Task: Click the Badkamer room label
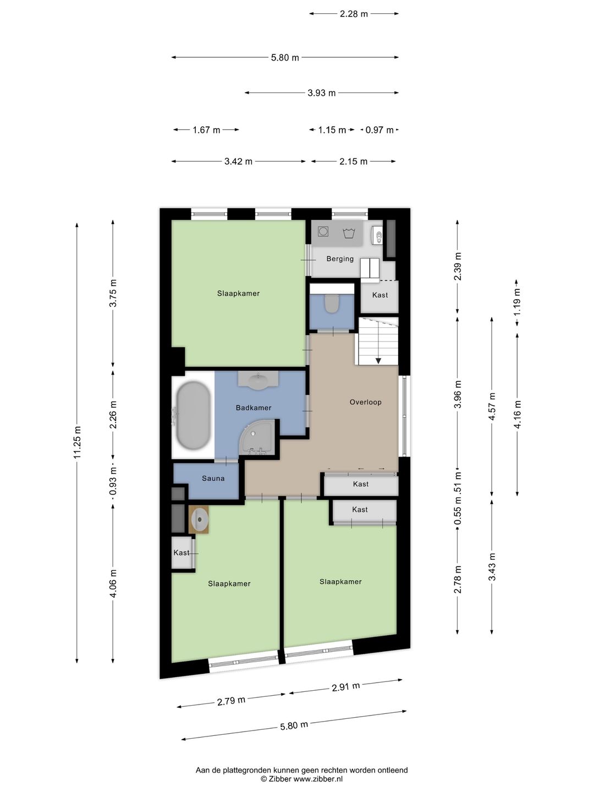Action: (x=253, y=408)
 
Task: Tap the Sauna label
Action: (x=213, y=479)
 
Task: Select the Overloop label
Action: (x=365, y=402)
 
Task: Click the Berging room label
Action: (x=340, y=258)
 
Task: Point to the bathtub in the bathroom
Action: (x=193, y=416)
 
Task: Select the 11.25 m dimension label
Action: (x=77, y=442)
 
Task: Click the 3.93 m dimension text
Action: (x=321, y=93)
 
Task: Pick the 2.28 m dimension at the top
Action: (x=354, y=14)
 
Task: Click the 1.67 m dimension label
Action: (x=206, y=130)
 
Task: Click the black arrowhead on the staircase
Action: (x=378, y=360)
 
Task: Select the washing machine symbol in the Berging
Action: (x=323, y=232)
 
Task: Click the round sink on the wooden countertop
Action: (x=200, y=520)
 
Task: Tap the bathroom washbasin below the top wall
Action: (x=258, y=380)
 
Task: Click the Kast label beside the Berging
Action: (x=380, y=295)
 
